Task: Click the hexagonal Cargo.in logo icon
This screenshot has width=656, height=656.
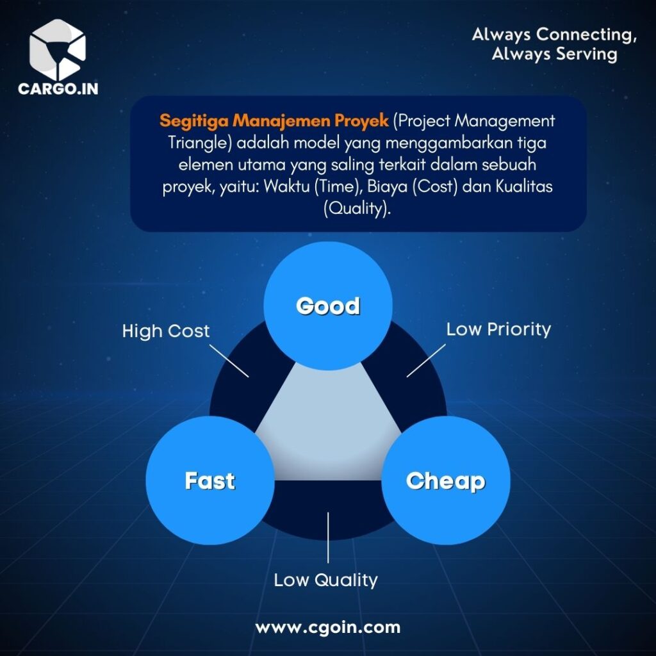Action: pos(57,49)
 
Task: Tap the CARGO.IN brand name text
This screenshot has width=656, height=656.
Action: pos(58,88)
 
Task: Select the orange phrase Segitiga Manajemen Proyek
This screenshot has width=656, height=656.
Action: pos(274,120)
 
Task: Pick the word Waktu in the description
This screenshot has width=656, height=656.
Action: pos(286,186)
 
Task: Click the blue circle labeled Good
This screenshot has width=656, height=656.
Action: pos(328,306)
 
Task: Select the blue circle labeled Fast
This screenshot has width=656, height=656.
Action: pos(210,480)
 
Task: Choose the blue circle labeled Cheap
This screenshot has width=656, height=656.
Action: pos(446,480)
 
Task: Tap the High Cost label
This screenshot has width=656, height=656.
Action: pos(166,331)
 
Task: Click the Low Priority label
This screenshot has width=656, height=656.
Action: pos(498,329)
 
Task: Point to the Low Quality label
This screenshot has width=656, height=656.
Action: pos(325,580)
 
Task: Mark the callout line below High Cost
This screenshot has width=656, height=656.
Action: pos(229,361)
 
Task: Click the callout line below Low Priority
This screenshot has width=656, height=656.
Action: pos(426,361)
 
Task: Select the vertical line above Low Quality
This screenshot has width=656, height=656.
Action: pos(328,537)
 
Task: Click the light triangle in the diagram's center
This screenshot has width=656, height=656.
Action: pos(328,431)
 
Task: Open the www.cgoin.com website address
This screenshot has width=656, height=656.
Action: pos(327,628)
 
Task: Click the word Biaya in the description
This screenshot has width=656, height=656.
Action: pos(387,186)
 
